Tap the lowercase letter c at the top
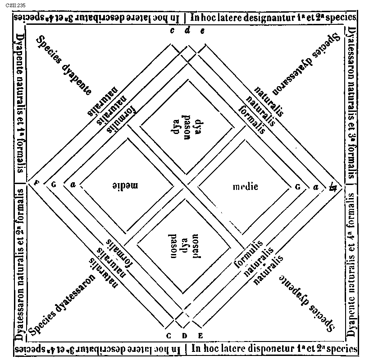(x=172, y=31)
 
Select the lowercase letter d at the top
(x=187, y=31)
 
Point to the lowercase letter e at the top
(x=202, y=31)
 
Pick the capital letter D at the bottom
(x=184, y=335)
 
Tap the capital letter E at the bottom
(x=200, y=335)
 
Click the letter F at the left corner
(x=36, y=183)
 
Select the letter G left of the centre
(x=54, y=184)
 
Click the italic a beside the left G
(x=72, y=184)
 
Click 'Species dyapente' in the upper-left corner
(x=63, y=64)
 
